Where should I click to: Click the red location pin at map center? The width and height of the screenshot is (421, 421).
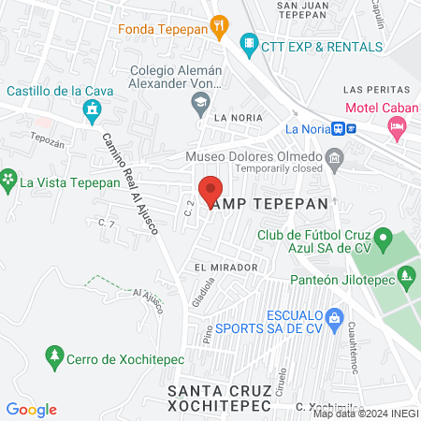click(x=210, y=190)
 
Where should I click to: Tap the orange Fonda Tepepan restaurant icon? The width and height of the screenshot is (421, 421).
click(x=220, y=27)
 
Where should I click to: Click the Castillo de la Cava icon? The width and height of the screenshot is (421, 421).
click(x=92, y=113)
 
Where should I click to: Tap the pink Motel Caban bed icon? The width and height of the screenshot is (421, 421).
click(x=398, y=126)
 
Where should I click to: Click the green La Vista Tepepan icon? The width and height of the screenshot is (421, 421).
click(x=9, y=177)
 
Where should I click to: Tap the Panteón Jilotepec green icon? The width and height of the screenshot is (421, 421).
click(x=405, y=276)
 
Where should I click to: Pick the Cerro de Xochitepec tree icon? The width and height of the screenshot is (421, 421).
click(x=55, y=356)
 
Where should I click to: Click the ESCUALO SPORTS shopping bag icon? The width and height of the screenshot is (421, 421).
click(x=335, y=317)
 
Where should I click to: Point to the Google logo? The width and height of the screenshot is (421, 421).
click(x=32, y=410)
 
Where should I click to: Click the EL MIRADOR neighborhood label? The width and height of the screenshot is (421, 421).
click(x=225, y=268)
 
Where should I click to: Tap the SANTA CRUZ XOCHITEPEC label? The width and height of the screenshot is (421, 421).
click(x=220, y=398)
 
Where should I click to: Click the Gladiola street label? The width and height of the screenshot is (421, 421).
click(x=197, y=297)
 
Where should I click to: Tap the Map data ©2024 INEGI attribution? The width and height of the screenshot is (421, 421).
click(x=365, y=414)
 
